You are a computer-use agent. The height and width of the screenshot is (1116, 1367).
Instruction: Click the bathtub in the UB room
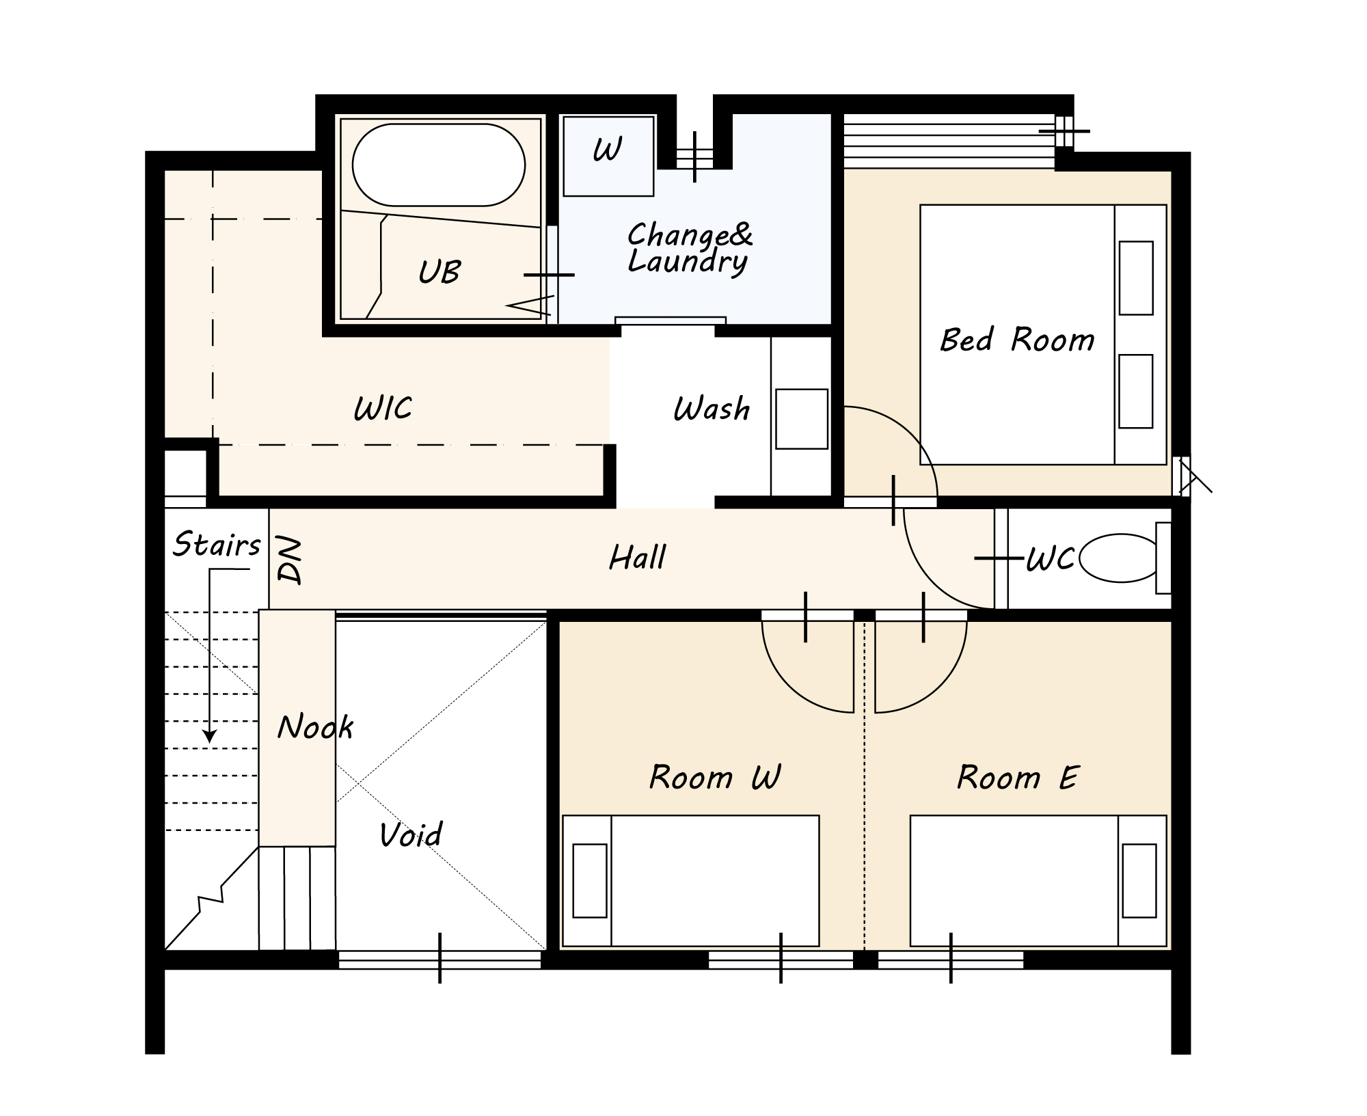tap(439, 165)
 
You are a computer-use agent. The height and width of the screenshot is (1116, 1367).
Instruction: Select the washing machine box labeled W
tap(608, 156)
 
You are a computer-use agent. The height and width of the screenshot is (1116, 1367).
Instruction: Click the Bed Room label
tap(1017, 340)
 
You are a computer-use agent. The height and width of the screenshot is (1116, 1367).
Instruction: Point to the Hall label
tap(637, 558)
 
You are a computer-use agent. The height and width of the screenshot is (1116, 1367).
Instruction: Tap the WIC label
tap(383, 409)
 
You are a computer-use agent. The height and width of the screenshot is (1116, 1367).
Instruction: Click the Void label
tap(411, 834)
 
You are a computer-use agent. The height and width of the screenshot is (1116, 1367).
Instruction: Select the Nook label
tap(315, 726)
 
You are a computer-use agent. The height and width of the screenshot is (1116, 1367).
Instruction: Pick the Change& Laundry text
tap(690, 248)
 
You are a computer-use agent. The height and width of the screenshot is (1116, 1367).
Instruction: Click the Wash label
tap(712, 409)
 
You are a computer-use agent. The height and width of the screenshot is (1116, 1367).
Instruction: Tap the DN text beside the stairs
tap(290, 560)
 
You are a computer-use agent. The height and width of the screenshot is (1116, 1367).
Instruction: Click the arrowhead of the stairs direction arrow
tap(210, 737)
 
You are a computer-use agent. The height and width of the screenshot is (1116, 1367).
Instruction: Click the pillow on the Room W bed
tap(590, 881)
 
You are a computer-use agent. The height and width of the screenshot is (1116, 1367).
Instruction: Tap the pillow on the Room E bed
tap(1139, 881)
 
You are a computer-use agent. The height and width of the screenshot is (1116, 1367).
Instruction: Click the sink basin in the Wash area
tap(802, 419)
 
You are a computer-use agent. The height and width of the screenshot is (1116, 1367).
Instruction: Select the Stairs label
tap(217, 545)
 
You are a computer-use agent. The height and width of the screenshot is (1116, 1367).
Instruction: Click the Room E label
tap(1018, 778)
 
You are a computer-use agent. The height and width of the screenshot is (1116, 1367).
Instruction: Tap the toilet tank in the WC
tap(1163, 558)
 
